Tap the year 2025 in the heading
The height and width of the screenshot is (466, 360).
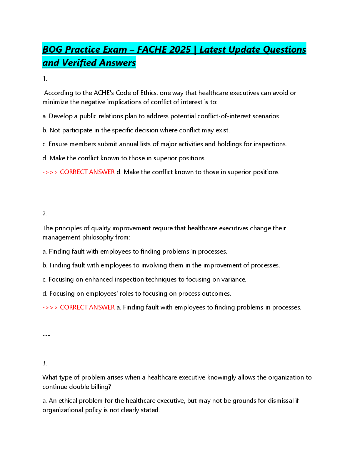(x=180, y=49)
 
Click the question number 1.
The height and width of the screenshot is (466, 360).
(x=45, y=79)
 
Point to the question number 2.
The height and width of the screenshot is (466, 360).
(x=45, y=214)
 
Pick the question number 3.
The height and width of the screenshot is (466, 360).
(x=45, y=363)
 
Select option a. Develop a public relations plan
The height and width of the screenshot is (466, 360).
(x=161, y=116)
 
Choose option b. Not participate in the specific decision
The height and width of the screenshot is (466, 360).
(x=136, y=130)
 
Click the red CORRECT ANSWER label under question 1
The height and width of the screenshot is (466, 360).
(x=87, y=172)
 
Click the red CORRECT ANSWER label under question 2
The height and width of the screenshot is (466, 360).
(x=87, y=307)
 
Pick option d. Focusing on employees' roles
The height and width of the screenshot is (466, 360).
(x=137, y=294)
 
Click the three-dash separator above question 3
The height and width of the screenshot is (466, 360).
(x=46, y=335)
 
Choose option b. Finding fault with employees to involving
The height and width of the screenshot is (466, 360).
(x=161, y=265)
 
